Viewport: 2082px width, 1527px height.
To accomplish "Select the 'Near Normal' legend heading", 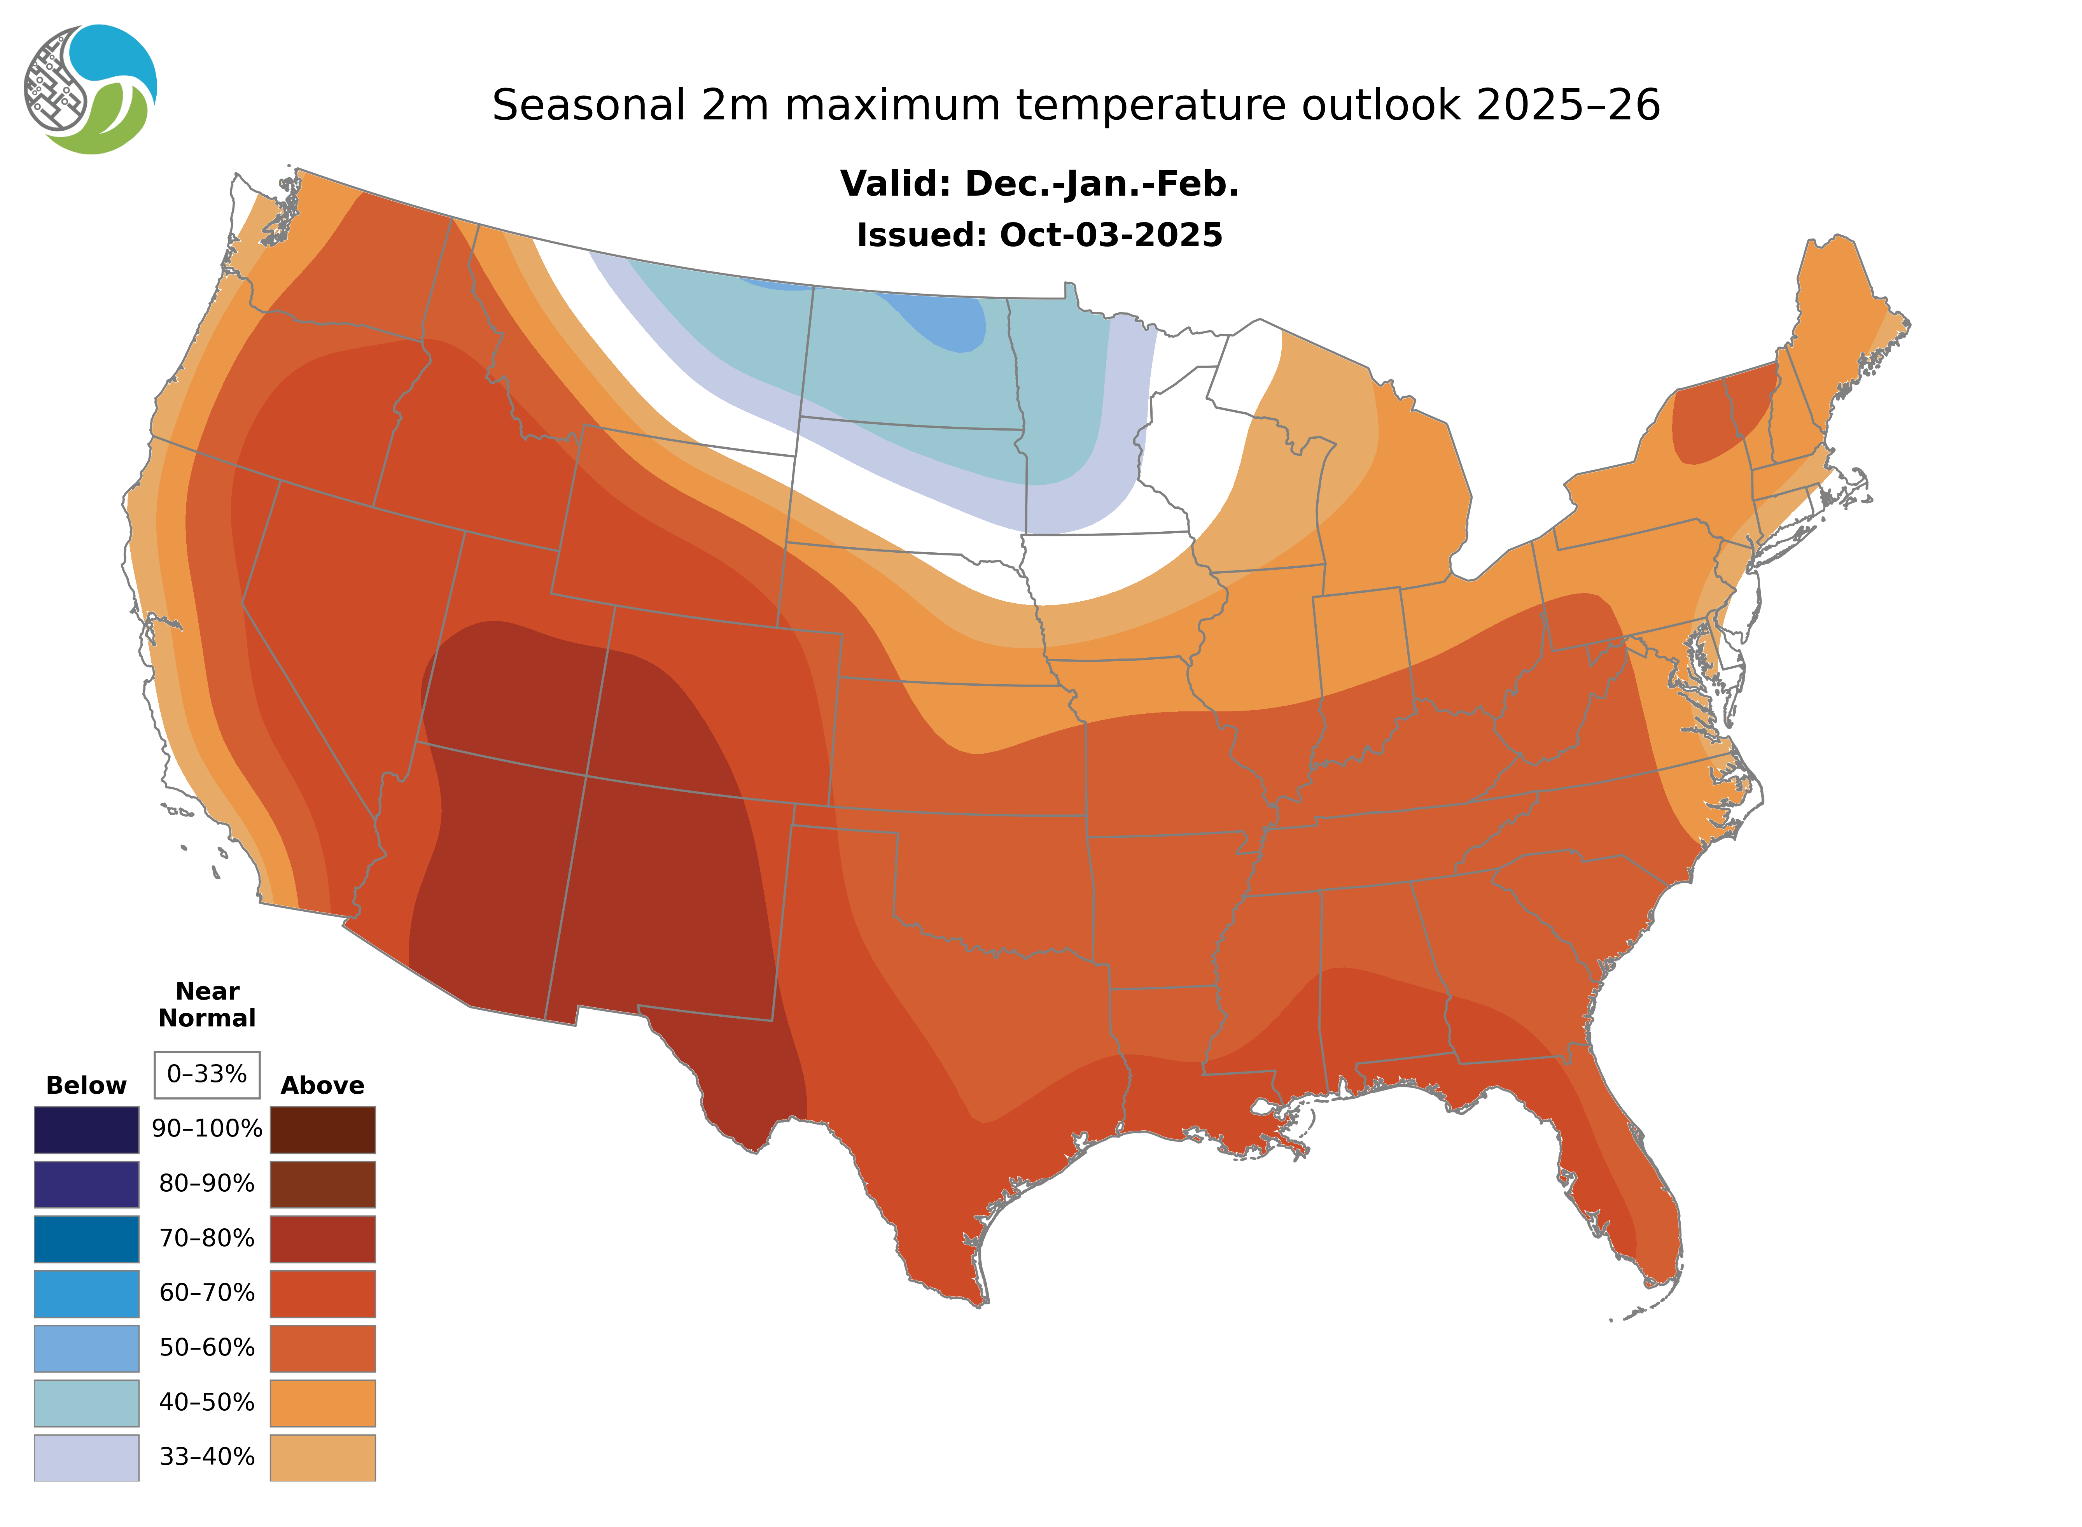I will click(207, 1005).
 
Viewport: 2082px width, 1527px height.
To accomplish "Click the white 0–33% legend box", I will click(207, 1074).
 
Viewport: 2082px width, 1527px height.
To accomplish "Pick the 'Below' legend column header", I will click(86, 1085).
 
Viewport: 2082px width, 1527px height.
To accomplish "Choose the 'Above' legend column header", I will click(322, 1085).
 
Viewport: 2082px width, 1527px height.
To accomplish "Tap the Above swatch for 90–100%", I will click(322, 1129).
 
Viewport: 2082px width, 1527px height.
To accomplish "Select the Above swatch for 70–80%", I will click(322, 1239).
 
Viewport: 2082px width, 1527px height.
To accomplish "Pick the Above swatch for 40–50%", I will click(322, 1402).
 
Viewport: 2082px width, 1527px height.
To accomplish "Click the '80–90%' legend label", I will click(207, 1184).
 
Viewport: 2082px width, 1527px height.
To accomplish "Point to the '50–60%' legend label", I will click(207, 1348).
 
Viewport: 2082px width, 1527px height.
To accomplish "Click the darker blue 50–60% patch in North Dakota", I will click(952, 324).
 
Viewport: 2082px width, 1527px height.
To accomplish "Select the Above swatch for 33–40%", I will click(322, 1457).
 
